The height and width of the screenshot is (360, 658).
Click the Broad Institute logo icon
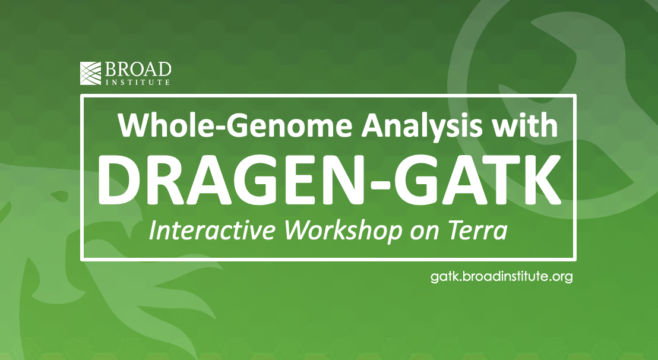click(91, 73)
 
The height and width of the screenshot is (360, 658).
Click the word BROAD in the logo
click(138, 70)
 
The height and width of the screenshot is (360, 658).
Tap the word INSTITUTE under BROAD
click(138, 82)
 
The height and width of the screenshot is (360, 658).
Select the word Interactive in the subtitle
click(212, 230)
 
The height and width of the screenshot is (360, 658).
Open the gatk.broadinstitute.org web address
click(501, 277)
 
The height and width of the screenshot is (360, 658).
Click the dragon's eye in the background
click(59, 196)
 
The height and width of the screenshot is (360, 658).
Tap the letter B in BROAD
click(110, 70)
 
